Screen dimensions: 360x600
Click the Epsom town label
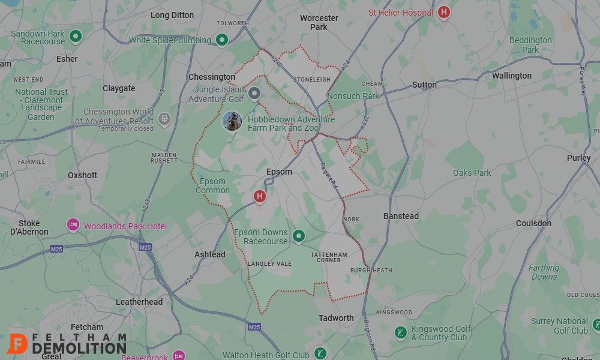tap(279, 172)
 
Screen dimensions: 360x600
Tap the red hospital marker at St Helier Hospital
tap(443, 12)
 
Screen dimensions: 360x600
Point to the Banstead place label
tap(401, 216)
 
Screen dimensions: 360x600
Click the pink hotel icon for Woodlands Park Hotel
tap(73, 226)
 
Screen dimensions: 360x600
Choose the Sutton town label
tap(424, 85)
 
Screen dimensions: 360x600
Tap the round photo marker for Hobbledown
tap(232, 121)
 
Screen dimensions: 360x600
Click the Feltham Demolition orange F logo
tap(18, 343)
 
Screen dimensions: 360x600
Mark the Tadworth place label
tap(336, 318)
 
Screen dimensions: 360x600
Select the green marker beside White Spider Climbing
tap(222, 40)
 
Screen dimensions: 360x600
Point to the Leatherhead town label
tap(139, 302)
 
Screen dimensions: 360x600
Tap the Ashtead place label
tap(210, 254)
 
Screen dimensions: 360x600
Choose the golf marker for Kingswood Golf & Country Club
tap(401, 332)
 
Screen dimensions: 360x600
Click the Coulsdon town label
tap(533, 223)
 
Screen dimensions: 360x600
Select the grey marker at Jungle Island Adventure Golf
tap(254, 93)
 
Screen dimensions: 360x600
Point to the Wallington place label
tap(512, 76)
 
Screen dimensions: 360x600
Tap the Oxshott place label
tap(82, 175)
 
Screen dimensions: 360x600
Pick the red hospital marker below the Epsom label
tap(259, 196)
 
